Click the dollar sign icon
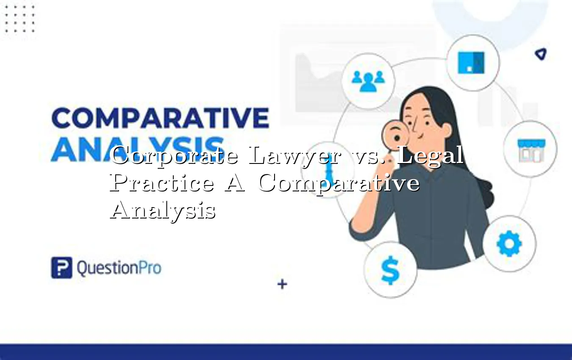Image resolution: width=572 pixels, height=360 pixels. [390, 271]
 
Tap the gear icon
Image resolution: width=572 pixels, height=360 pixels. [509, 244]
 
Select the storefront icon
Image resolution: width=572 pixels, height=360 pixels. [530, 150]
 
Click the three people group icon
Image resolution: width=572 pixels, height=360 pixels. [368, 80]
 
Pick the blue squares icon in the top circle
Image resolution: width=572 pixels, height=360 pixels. [471, 62]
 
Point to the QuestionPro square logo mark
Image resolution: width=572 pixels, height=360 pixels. [61, 268]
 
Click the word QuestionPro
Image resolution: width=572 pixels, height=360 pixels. [119, 268]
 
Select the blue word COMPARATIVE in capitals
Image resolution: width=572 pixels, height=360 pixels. [160, 118]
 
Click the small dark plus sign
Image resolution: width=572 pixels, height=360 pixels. [282, 284]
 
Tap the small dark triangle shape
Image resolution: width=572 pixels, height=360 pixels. [540, 54]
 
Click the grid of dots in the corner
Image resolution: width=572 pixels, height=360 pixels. [19, 19]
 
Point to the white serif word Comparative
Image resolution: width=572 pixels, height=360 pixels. [339, 183]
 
